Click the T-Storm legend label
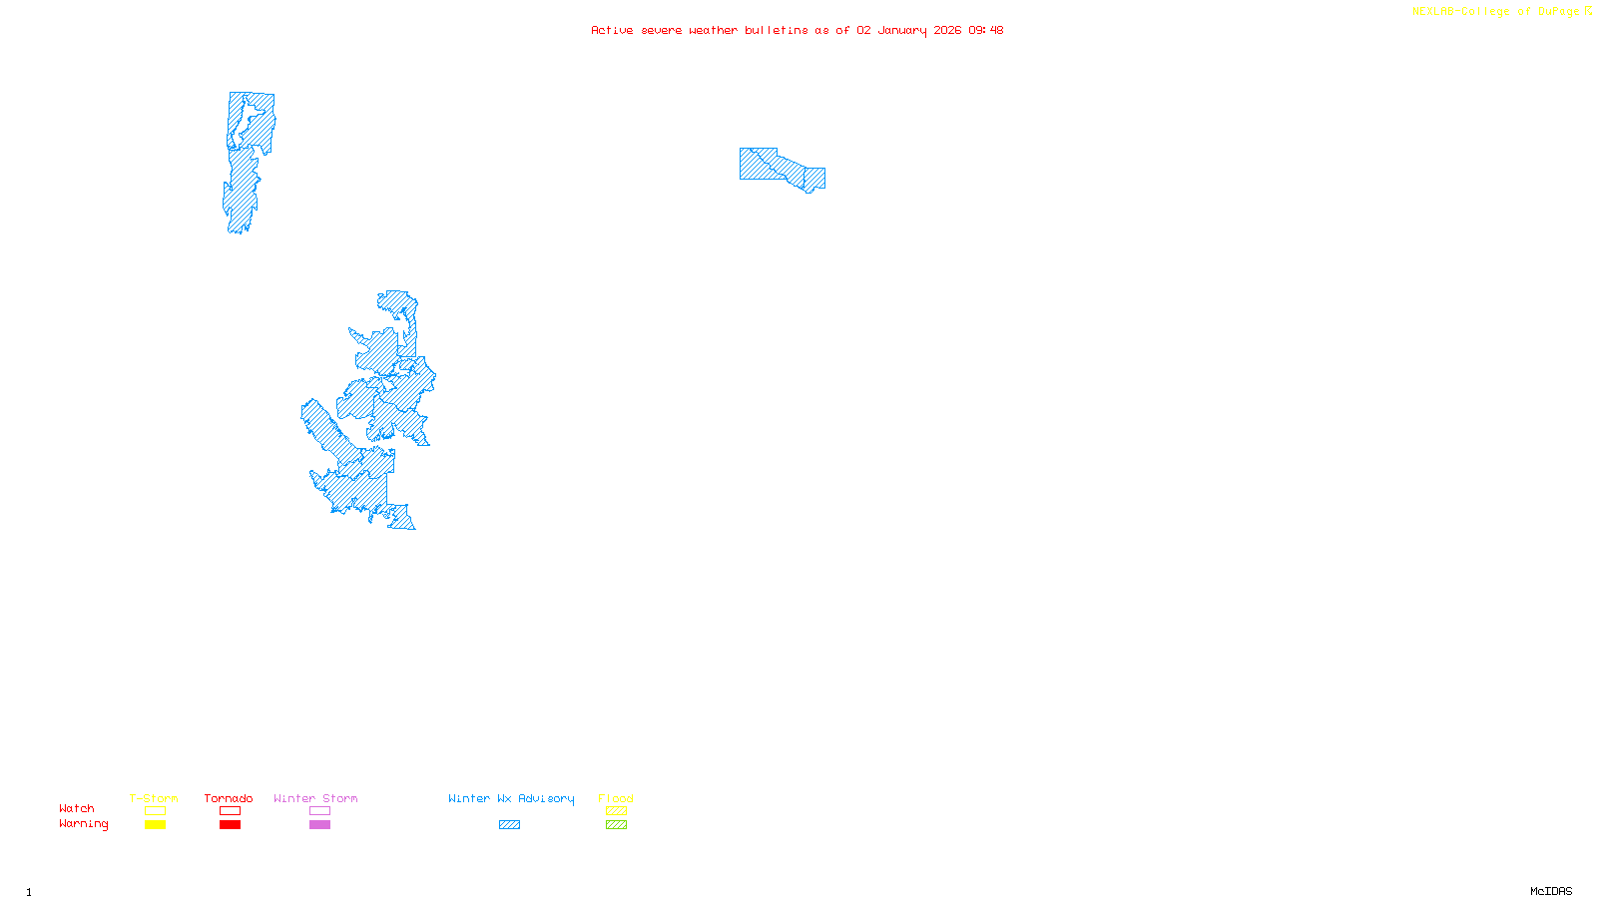154,798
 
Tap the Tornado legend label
229,798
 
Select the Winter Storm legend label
315,798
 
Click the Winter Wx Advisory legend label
511,798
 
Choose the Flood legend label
616,798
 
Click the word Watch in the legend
77,808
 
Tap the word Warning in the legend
84,824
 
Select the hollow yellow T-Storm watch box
155,811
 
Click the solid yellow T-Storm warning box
155,825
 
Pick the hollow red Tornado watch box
231,811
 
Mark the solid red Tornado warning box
231,825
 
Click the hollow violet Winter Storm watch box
319,811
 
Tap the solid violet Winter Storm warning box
319,825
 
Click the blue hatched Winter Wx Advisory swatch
509,825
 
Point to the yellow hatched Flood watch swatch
616,811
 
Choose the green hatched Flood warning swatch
616,825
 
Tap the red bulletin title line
797,30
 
